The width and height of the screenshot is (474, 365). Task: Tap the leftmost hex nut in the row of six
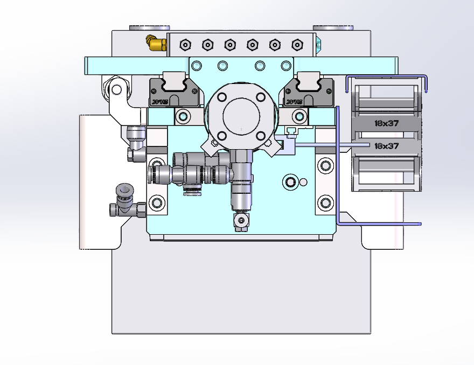[185, 44]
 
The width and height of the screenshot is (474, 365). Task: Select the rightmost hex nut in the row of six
[295, 44]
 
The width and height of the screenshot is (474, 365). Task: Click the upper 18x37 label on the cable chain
[386, 123]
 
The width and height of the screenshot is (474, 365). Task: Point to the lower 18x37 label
[386, 145]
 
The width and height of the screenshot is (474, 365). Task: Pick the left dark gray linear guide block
[168, 91]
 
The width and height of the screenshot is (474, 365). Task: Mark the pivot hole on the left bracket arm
[115, 89]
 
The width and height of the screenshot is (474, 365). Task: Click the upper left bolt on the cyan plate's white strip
[157, 164]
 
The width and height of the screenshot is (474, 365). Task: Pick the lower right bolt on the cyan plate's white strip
[325, 203]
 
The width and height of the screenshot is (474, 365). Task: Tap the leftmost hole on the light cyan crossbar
[196, 66]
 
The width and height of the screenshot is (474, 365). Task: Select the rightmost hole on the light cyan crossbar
[285, 66]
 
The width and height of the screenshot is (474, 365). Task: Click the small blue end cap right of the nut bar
[319, 45]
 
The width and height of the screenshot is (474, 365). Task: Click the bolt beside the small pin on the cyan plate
[291, 181]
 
